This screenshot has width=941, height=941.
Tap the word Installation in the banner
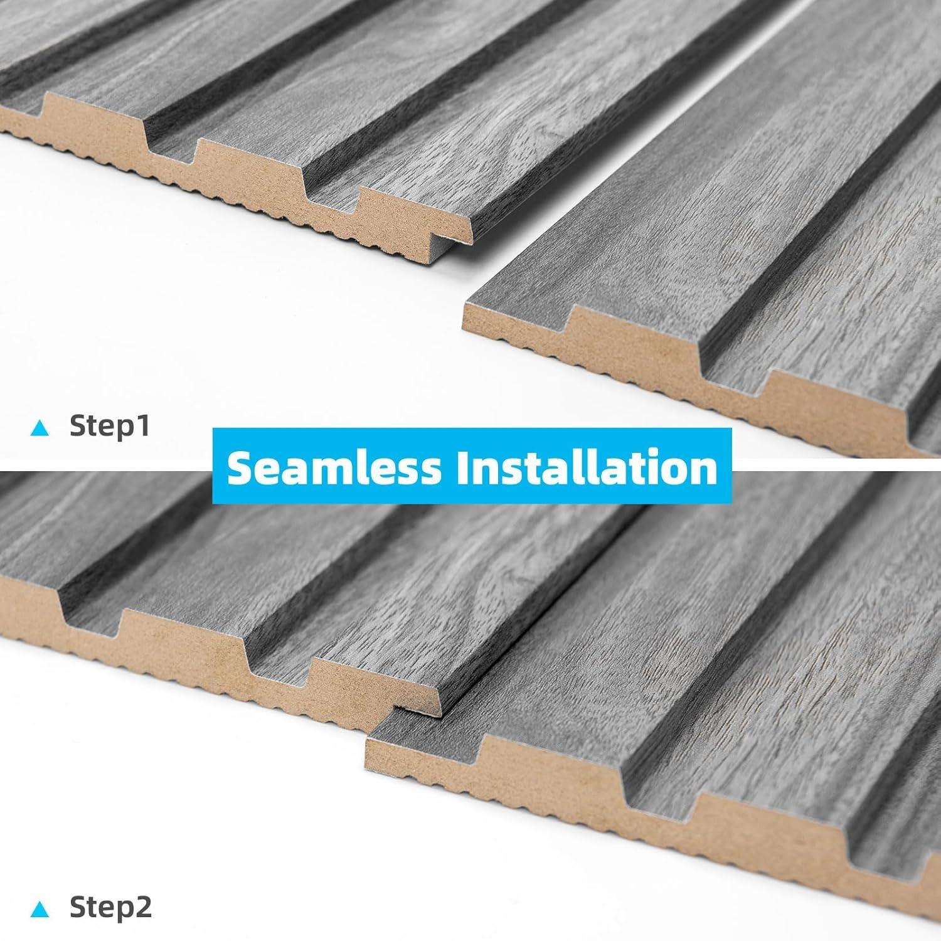coord(587,467)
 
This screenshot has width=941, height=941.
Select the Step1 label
coord(110,426)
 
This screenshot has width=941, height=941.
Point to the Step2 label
coord(110,907)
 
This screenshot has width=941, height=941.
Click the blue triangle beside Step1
coord(40,428)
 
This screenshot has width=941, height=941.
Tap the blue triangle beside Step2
coord(40,908)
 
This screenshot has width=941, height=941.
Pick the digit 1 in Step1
coord(143,426)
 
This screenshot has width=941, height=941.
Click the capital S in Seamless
coord(239,467)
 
